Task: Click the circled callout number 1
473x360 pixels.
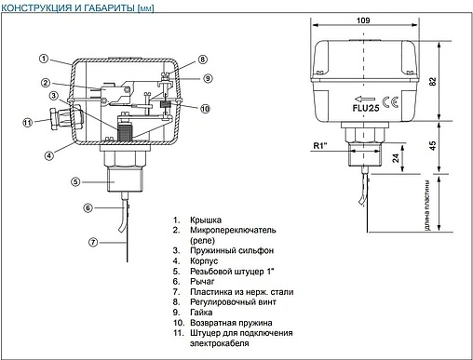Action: tap(44, 59)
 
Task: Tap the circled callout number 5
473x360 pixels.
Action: tap(75, 181)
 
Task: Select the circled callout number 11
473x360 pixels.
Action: tap(28, 123)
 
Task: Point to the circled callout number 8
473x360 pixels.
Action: tap(202, 60)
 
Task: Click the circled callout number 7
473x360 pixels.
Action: tap(93, 242)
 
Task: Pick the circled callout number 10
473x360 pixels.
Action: tap(205, 109)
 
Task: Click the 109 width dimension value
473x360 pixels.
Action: tap(363, 20)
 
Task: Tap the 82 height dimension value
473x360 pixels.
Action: tap(433, 81)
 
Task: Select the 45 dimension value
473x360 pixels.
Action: tap(433, 145)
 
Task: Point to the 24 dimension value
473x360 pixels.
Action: tap(396, 158)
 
